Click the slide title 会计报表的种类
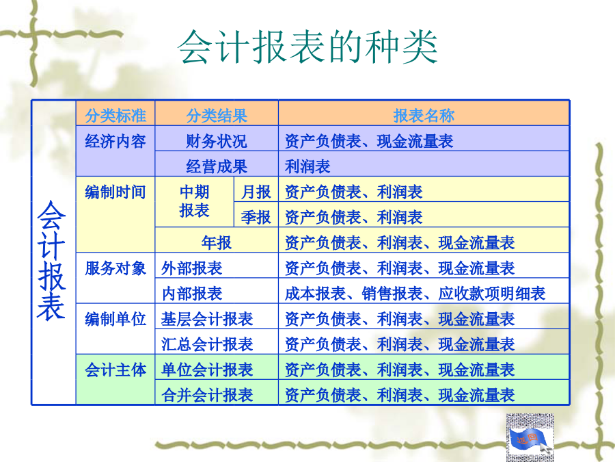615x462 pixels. tap(307, 47)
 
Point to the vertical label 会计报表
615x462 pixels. tap(51, 260)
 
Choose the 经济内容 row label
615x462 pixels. tap(115, 141)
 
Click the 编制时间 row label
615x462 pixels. tap(115, 192)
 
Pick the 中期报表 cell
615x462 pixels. tap(194, 201)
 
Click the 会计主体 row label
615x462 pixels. tap(115, 370)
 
